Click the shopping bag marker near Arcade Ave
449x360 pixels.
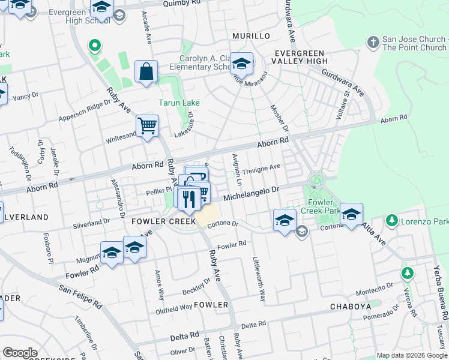[x=146, y=73]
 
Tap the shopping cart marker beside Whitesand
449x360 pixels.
[x=147, y=127]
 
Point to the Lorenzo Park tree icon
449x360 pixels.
[x=392, y=221]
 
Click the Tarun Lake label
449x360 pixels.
[x=179, y=103]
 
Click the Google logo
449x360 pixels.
[x=20, y=352]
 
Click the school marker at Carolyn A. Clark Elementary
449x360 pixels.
[x=241, y=63]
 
